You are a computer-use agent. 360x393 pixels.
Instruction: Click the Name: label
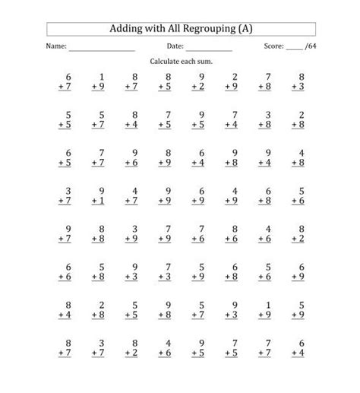(x=56, y=47)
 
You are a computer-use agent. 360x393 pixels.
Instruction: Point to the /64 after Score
(x=309, y=47)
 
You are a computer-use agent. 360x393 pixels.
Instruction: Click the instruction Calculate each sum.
(x=180, y=60)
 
